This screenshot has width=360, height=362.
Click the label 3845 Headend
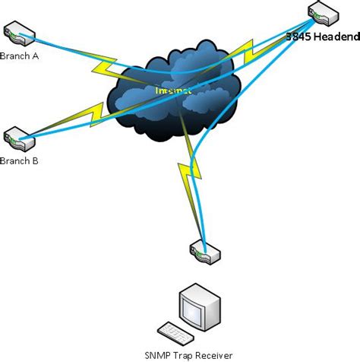321,36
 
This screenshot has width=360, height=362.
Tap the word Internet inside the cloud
173,90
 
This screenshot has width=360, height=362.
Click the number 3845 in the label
297,36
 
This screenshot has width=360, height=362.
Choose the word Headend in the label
333,36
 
